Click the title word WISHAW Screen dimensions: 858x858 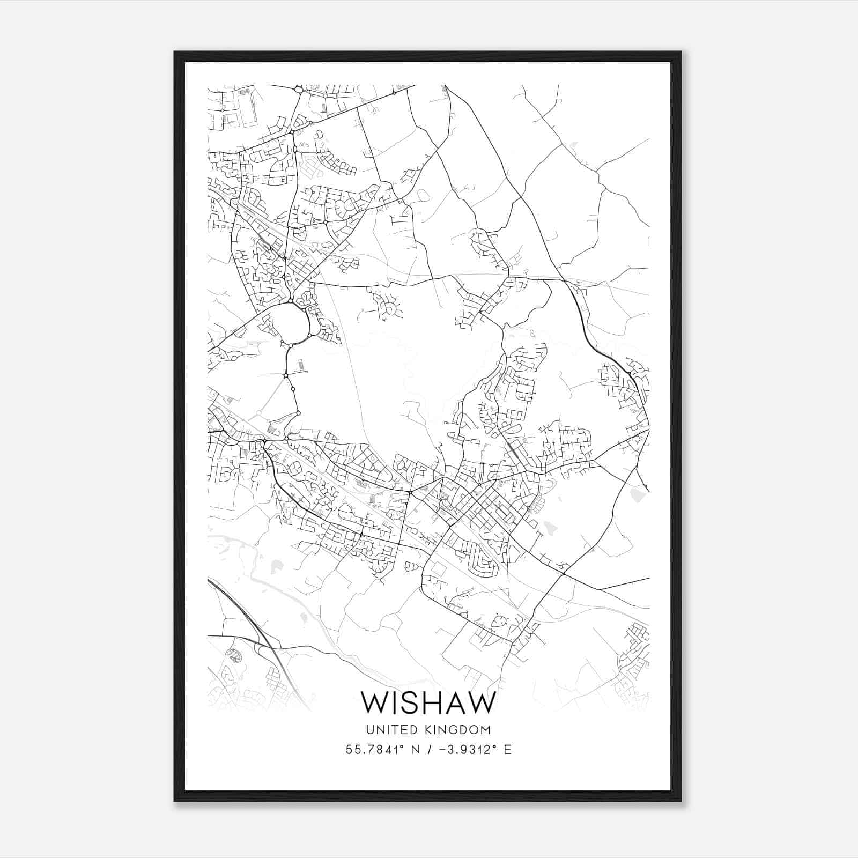[x=428, y=702]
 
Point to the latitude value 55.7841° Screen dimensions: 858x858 [x=372, y=750]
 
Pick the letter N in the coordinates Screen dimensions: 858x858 [x=413, y=750]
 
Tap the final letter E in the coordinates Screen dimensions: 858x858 [x=507, y=750]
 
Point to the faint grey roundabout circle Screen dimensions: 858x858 [x=258, y=412]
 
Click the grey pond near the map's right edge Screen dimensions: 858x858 [x=637, y=495]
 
